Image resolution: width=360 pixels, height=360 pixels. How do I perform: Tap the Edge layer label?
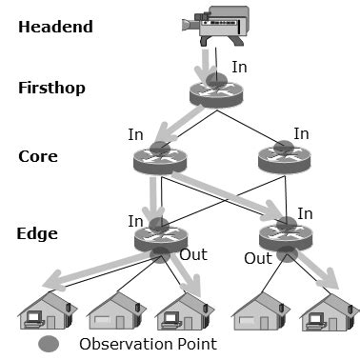(x=39, y=232)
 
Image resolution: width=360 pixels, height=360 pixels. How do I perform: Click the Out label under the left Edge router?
(x=192, y=255)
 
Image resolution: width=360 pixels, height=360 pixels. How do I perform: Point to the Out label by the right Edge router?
(x=257, y=258)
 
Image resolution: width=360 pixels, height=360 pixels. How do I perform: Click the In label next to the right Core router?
(x=301, y=134)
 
